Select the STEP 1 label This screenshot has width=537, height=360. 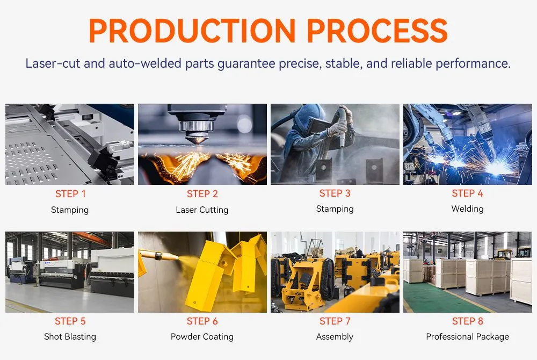coord(70,194)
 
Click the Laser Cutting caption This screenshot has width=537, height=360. coord(202,210)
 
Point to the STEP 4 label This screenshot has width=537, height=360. coord(467,193)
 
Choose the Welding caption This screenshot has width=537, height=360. coord(467,209)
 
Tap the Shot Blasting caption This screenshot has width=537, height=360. coord(70,337)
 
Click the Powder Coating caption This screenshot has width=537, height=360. coord(202,337)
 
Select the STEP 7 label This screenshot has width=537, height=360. coord(335,321)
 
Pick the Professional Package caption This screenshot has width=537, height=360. coord(467,337)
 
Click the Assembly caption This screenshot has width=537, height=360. coord(335,337)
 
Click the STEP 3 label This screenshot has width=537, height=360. coord(335,193)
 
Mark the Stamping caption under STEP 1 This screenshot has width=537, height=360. coord(70,210)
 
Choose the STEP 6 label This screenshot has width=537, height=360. coord(202,321)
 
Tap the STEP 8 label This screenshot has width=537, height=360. coord(467,321)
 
